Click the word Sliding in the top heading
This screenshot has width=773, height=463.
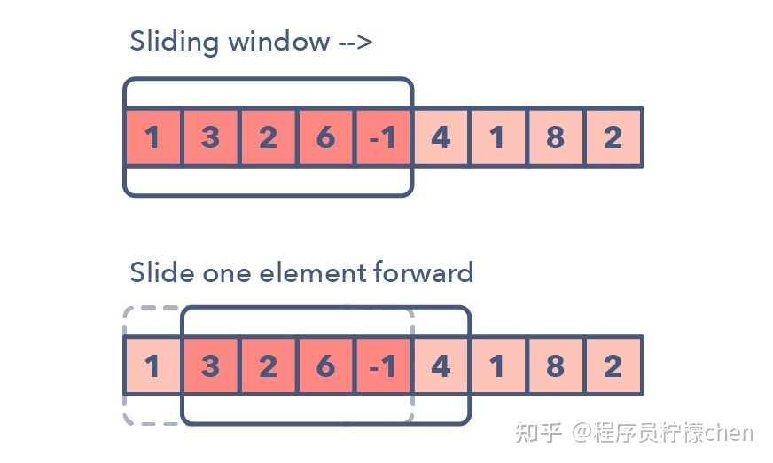pyautogui.click(x=174, y=42)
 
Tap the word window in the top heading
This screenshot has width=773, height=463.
pyautogui.click(x=279, y=41)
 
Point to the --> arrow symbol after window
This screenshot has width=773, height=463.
pyautogui.click(x=355, y=43)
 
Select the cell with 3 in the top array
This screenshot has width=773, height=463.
pyautogui.click(x=210, y=137)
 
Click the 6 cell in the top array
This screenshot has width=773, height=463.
pyautogui.click(x=325, y=137)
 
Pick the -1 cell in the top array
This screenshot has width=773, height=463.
pyautogui.click(x=383, y=137)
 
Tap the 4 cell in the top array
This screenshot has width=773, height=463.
pyautogui.click(x=441, y=137)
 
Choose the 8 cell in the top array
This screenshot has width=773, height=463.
pyautogui.click(x=555, y=137)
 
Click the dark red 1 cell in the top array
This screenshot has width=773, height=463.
pyautogui.click(x=152, y=137)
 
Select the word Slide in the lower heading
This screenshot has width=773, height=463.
pyautogui.click(x=162, y=272)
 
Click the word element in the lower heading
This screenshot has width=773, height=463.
pyautogui.click(x=313, y=272)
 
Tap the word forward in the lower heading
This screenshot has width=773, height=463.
pyautogui.click(x=424, y=271)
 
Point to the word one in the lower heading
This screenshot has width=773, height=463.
pyautogui.click(x=227, y=275)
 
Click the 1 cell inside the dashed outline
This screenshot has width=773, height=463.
pyautogui.click(x=152, y=365)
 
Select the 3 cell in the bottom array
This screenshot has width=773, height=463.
pyautogui.click(x=210, y=365)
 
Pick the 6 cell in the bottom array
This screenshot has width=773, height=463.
pyautogui.click(x=325, y=365)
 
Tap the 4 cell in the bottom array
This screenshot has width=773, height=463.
pyautogui.click(x=441, y=365)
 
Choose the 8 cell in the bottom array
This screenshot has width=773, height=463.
pyautogui.click(x=555, y=365)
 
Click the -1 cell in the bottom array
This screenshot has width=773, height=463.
pyautogui.click(x=383, y=365)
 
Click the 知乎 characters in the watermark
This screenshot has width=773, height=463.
pyautogui.click(x=538, y=433)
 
